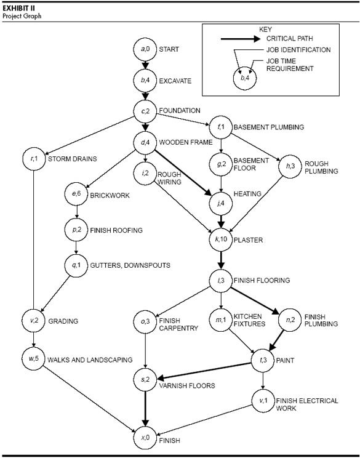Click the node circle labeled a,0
(x=145, y=48)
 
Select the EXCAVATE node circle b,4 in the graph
(x=145, y=79)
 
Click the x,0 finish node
(x=145, y=440)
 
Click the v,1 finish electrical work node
(x=263, y=401)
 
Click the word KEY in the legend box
(x=282, y=29)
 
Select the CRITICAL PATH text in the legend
(x=292, y=39)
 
